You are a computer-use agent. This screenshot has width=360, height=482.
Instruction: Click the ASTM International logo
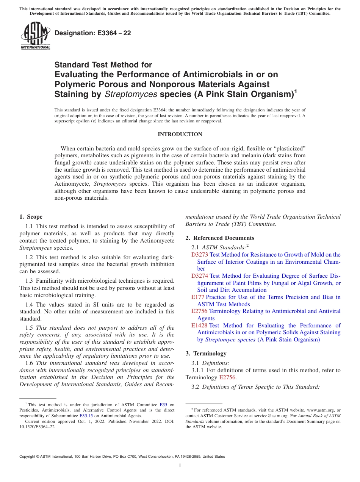coord(35,36)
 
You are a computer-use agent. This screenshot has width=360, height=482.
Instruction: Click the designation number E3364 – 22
coord(93,33)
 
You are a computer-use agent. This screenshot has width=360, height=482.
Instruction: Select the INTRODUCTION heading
coord(180,134)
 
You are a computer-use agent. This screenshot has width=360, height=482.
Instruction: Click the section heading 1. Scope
coord(31,217)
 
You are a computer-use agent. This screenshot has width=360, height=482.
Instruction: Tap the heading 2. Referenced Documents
coord(220,238)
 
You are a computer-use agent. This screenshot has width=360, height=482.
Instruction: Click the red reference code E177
coord(198,297)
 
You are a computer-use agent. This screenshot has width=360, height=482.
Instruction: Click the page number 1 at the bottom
coord(180,465)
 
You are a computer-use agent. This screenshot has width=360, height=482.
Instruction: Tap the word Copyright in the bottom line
coord(28,457)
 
